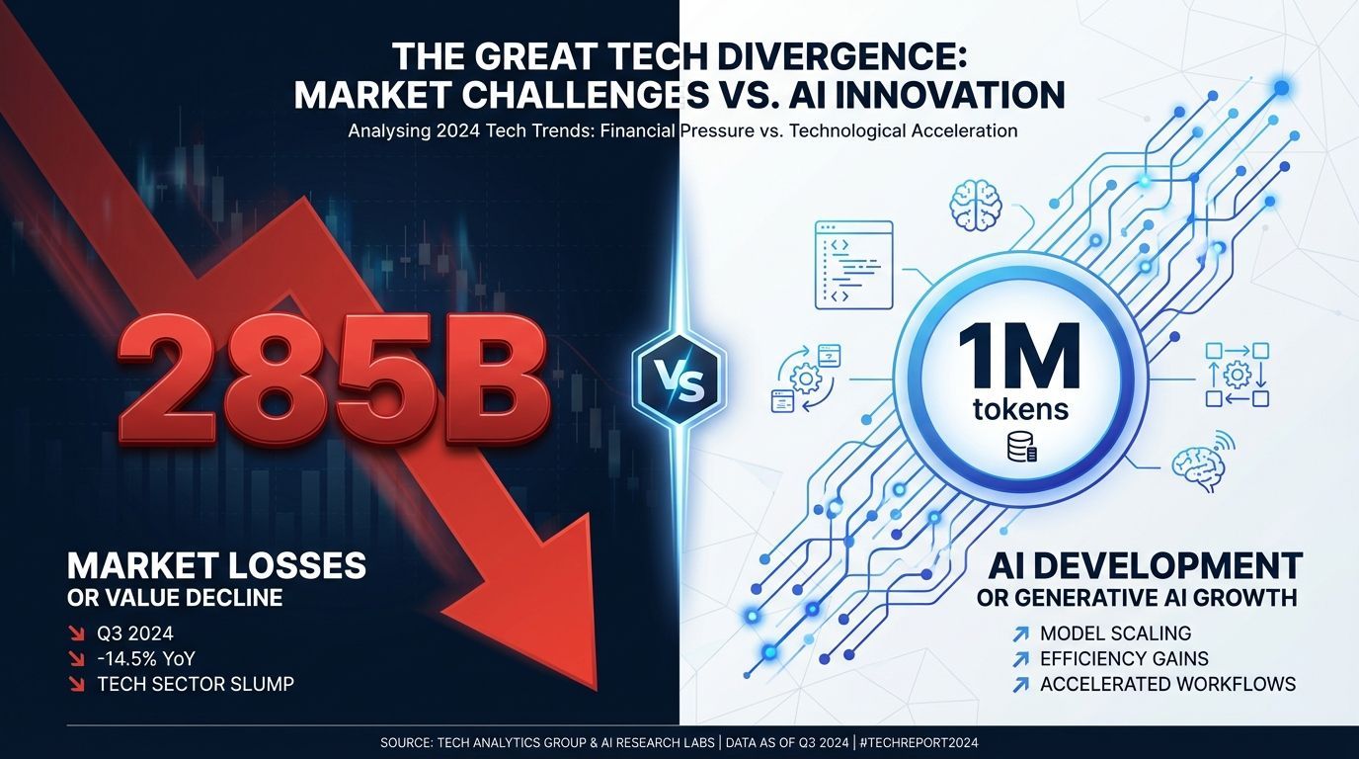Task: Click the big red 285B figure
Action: (334, 381)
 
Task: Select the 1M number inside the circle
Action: (1019, 357)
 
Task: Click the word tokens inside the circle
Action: (1020, 409)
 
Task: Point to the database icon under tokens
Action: (1021, 448)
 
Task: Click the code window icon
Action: (853, 265)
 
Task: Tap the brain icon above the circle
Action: (976, 207)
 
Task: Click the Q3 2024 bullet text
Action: (134, 633)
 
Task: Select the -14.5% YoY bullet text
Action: (145, 659)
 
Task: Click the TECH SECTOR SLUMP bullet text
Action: (196, 684)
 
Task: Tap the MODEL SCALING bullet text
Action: (1116, 633)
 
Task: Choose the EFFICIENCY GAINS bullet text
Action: (1124, 659)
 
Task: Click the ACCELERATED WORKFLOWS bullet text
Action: (1167, 684)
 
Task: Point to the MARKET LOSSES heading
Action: (216, 566)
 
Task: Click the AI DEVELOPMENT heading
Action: (1145, 566)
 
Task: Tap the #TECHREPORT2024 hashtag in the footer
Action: (919, 742)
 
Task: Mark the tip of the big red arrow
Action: (597, 691)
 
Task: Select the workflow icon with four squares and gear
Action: (1237, 375)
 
